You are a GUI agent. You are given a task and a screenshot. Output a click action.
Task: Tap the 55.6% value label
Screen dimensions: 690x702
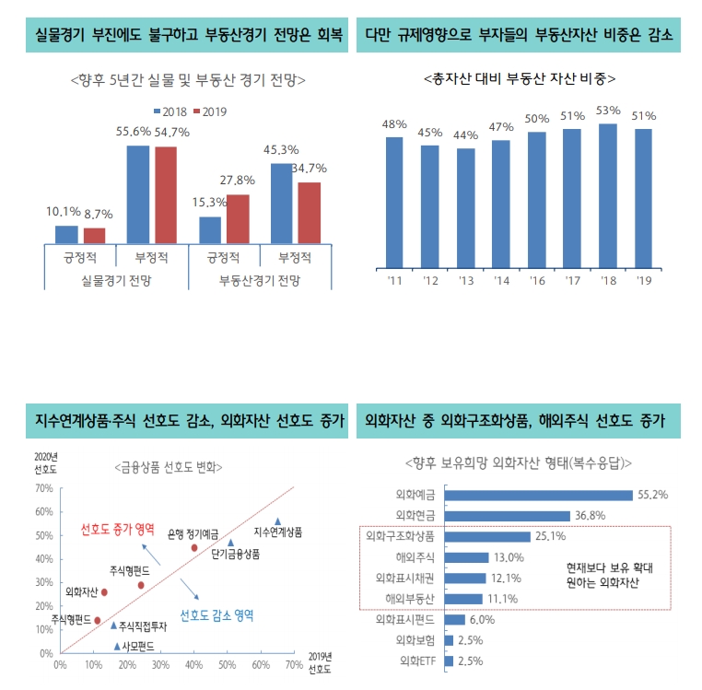(x=134, y=132)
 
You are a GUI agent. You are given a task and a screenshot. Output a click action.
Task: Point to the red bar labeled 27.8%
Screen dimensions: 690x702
(x=238, y=218)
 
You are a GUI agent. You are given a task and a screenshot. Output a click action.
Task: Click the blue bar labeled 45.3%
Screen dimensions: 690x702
(x=283, y=203)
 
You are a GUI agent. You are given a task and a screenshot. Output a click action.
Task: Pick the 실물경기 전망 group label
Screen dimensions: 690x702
(x=116, y=279)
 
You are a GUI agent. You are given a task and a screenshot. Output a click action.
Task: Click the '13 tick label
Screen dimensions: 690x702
(x=466, y=280)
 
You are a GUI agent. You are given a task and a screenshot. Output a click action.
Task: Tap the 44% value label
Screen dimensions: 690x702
(x=466, y=135)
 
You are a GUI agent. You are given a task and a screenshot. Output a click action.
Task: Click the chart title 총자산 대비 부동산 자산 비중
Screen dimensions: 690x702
(x=519, y=80)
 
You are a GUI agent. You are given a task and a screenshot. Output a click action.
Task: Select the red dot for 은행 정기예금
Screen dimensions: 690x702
(x=194, y=547)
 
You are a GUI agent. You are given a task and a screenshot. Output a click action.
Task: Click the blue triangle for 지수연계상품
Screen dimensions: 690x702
(x=278, y=521)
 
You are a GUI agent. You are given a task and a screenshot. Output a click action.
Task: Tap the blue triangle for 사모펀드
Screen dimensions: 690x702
(x=116, y=647)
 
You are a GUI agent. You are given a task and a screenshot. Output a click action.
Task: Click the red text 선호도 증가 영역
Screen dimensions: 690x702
(x=117, y=531)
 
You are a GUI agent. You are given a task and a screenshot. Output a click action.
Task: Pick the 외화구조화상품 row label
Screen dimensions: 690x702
(x=401, y=536)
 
